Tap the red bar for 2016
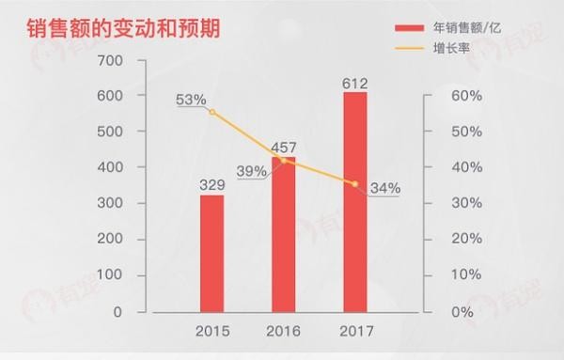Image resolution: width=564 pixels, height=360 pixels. click(x=284, y=235)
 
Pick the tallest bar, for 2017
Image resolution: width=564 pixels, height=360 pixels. click(x=354, y=202)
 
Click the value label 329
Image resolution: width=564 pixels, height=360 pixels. click(x=212, y=184)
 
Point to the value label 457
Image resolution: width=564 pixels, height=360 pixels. click(x=284, y=148)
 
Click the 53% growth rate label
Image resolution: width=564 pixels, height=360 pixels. click(x=191, y=99)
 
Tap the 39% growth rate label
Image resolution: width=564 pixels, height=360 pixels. click(x=252, y=170)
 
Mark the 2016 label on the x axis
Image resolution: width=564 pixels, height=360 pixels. click(x=284, y=332)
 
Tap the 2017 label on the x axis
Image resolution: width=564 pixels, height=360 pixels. click(x=354, y=332)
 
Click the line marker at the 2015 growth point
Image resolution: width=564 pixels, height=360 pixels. click(x=212, y=112)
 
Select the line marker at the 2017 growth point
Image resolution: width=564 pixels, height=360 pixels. click(x=354, y=183)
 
